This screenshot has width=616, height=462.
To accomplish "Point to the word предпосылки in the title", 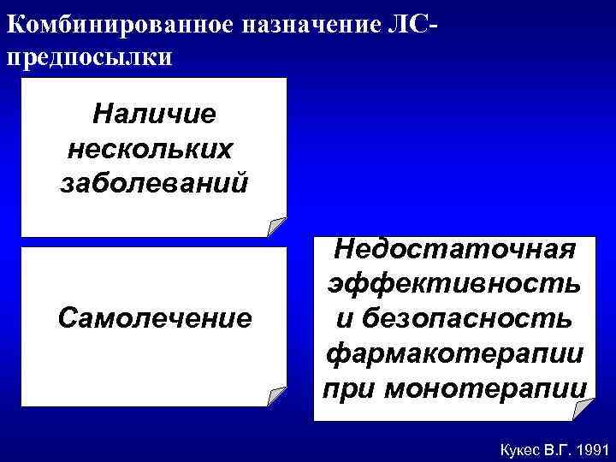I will (x=89, y=56).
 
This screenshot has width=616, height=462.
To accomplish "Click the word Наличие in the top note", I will (x=155, y=112).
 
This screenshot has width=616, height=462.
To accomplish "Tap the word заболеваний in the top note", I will (x=155, y=182).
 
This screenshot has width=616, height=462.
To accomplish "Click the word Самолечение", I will (x=155, y=318).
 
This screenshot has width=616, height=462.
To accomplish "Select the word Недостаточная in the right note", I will (x=452, y=249).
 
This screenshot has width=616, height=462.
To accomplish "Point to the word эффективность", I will (x=453, y=283).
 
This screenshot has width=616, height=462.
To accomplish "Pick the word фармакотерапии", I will (x=453, y=352).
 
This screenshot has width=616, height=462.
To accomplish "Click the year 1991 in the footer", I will (x=591, y=447).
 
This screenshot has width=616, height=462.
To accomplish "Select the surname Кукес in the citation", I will (x=507, y=447).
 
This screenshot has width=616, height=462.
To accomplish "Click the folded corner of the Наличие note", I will (x=275, y=227).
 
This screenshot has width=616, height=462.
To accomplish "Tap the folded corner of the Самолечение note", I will (x=275, y=395).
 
